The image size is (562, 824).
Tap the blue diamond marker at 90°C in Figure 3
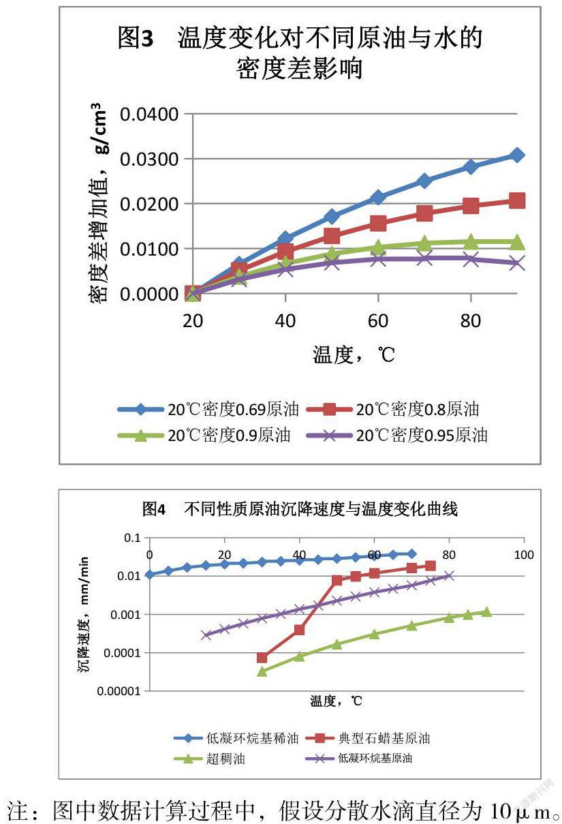(x=517, y=155)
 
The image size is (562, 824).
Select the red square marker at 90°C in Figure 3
(x=517, y=200)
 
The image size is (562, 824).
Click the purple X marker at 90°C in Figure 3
(x=517, y=262)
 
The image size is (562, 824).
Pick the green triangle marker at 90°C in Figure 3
(x=517, y=242)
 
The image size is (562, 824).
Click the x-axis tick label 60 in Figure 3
(x=378, y=320)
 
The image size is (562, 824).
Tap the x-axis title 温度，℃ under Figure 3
(x=354, y=354)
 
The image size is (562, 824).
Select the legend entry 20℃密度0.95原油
(x=422, y=435)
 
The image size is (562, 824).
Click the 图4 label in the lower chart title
(x=154, y=509)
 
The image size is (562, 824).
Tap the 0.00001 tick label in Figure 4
(x=118, y=691)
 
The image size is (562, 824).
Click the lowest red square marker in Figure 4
(x=262, y=657)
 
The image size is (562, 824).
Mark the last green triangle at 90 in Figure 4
(x=486, y=611)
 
